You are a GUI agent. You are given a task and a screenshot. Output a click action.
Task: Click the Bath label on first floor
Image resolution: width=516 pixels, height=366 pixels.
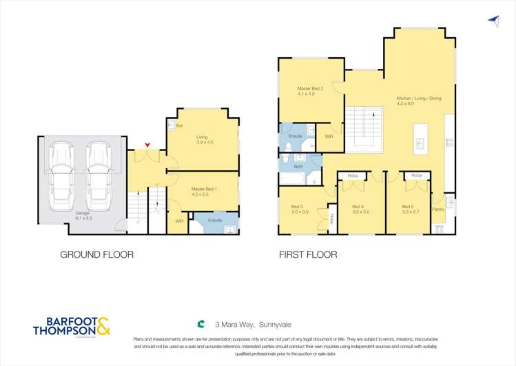[x=298, y=167]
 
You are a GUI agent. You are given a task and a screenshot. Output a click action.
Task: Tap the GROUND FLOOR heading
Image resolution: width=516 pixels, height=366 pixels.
[x=96, y=254]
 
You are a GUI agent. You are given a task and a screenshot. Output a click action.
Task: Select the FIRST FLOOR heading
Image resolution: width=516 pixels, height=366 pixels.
[x=308, y=254]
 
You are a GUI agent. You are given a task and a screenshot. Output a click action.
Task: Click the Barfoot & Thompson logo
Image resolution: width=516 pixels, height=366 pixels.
[x=72, y=326]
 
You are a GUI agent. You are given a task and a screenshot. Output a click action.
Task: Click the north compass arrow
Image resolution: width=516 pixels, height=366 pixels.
[x=493, y=21]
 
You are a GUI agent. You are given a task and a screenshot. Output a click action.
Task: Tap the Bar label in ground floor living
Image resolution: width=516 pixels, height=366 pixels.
[x=180, y=126]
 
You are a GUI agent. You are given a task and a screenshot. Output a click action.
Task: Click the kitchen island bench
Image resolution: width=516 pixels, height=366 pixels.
[x=419, y=139]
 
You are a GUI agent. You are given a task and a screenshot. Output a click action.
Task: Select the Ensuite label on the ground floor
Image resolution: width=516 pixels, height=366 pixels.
[x=215, y=221]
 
